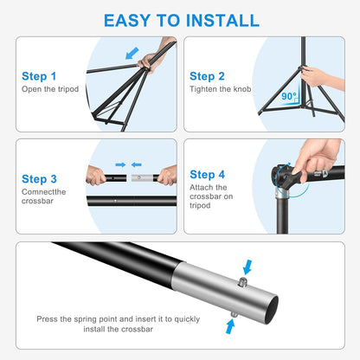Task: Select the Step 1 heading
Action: (x=39, y=76)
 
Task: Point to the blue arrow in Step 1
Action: (x=132, y=55)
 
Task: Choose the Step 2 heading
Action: (x=207, y=76)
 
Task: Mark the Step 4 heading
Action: (x=208, y=174)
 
